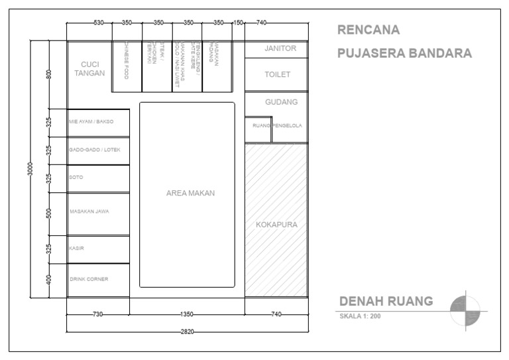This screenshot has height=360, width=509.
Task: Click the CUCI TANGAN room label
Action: pyautogui.click(x=89, y=69)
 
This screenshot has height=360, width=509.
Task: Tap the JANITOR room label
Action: pyautogui.click(x=276, y=48)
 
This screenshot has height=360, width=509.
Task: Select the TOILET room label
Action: pyautogui.click(x=277, y=75)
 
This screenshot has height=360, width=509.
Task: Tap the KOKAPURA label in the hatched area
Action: pyautogui.click(x=276, y=225)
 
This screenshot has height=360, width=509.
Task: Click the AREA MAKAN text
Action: pyautogui.click(x=190, y=193)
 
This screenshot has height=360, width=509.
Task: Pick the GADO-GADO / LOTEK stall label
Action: pyautogui.click(x=95, y=150)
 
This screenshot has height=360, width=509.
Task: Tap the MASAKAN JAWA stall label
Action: pyautogui.click(x=89, y=211)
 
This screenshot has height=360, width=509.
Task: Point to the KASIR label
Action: pyautogui.click(x=76, y=248)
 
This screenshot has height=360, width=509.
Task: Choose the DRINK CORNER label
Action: pyautogui.click(x=89, y=278)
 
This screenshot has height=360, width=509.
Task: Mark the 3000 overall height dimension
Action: pyautogui.click(x=29, y=170)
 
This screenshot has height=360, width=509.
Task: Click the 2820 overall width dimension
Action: pyautogui.click(x=188, y=331)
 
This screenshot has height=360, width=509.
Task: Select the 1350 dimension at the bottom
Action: pyautogui.click(x=188, y=314)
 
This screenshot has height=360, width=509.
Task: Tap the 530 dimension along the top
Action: pyautogui.click(x=98, y=23)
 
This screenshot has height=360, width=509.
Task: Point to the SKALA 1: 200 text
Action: pyautogui.click(x=360, y=316)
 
